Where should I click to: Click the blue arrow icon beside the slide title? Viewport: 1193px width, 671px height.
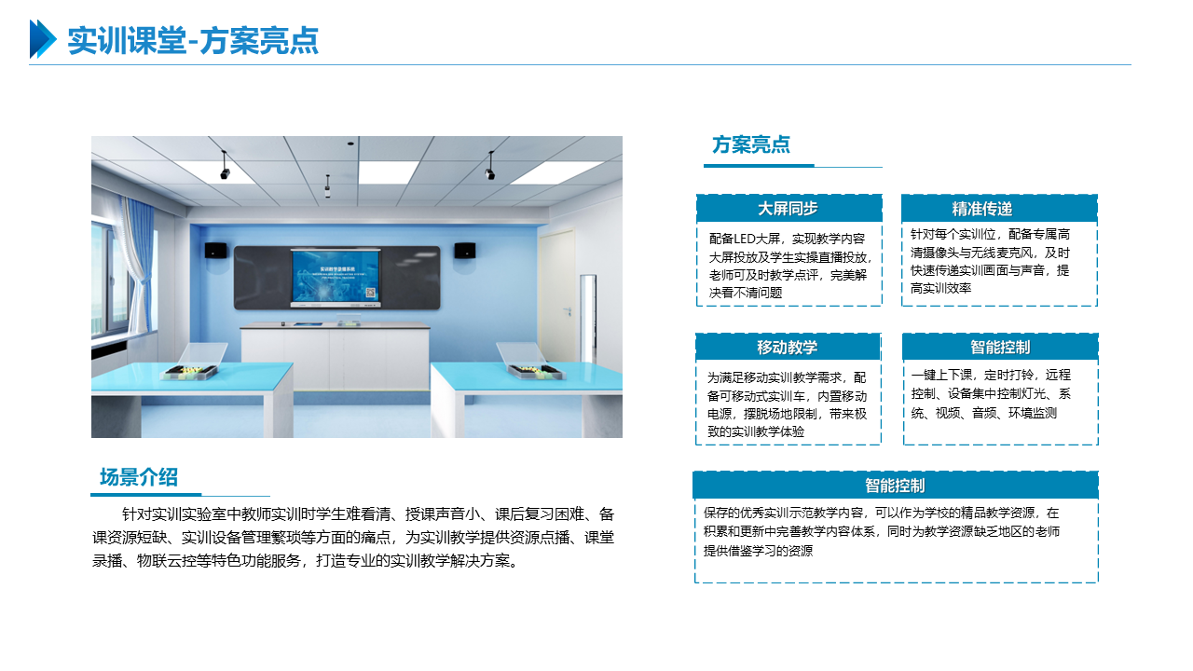click(43, 39)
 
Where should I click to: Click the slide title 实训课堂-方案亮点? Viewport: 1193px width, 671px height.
click(193, 40)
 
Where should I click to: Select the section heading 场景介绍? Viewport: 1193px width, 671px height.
click(139, 477)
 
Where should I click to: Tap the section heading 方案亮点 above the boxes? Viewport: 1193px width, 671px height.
click(751, 144)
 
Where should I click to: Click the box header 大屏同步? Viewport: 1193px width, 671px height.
click(788, 208)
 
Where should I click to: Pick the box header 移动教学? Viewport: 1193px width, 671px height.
click(788, 348)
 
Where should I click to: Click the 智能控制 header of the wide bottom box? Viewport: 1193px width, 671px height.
click(896, 486)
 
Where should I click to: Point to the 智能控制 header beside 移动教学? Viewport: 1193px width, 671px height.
click(1000, 348)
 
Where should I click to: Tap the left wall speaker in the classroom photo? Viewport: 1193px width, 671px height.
click(215, 251)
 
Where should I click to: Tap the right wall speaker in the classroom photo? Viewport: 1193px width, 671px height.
click(465, 251)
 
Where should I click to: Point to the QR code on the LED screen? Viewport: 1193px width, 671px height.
click(370, 293)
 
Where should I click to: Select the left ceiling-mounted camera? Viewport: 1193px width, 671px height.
click(225, 166)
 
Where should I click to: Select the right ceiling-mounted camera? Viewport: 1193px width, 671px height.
click(490, 166)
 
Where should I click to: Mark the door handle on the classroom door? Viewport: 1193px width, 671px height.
click(569, 310)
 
